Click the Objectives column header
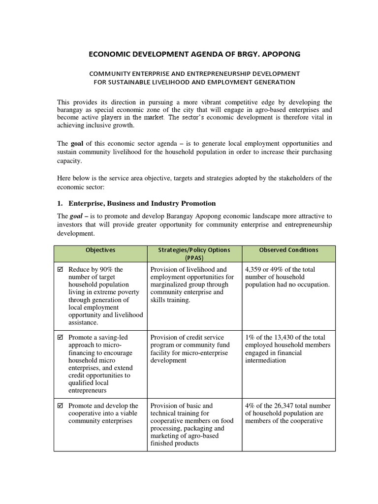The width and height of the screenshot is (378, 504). click(x=100, y=250)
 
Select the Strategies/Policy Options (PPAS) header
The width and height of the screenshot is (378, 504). click(x=194, y=253)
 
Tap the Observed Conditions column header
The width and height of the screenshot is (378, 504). click(x=288, y=250)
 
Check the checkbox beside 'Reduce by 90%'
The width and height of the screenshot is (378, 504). click(x=61, y=270)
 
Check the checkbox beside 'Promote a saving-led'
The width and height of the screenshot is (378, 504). click(x=61, y=338)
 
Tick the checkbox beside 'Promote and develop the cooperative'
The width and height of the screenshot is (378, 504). click(x=61, y=406)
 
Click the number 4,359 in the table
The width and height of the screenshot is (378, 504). click(x=255, y=270)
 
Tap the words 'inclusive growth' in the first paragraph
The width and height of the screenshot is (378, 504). click(x=107, y=126)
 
